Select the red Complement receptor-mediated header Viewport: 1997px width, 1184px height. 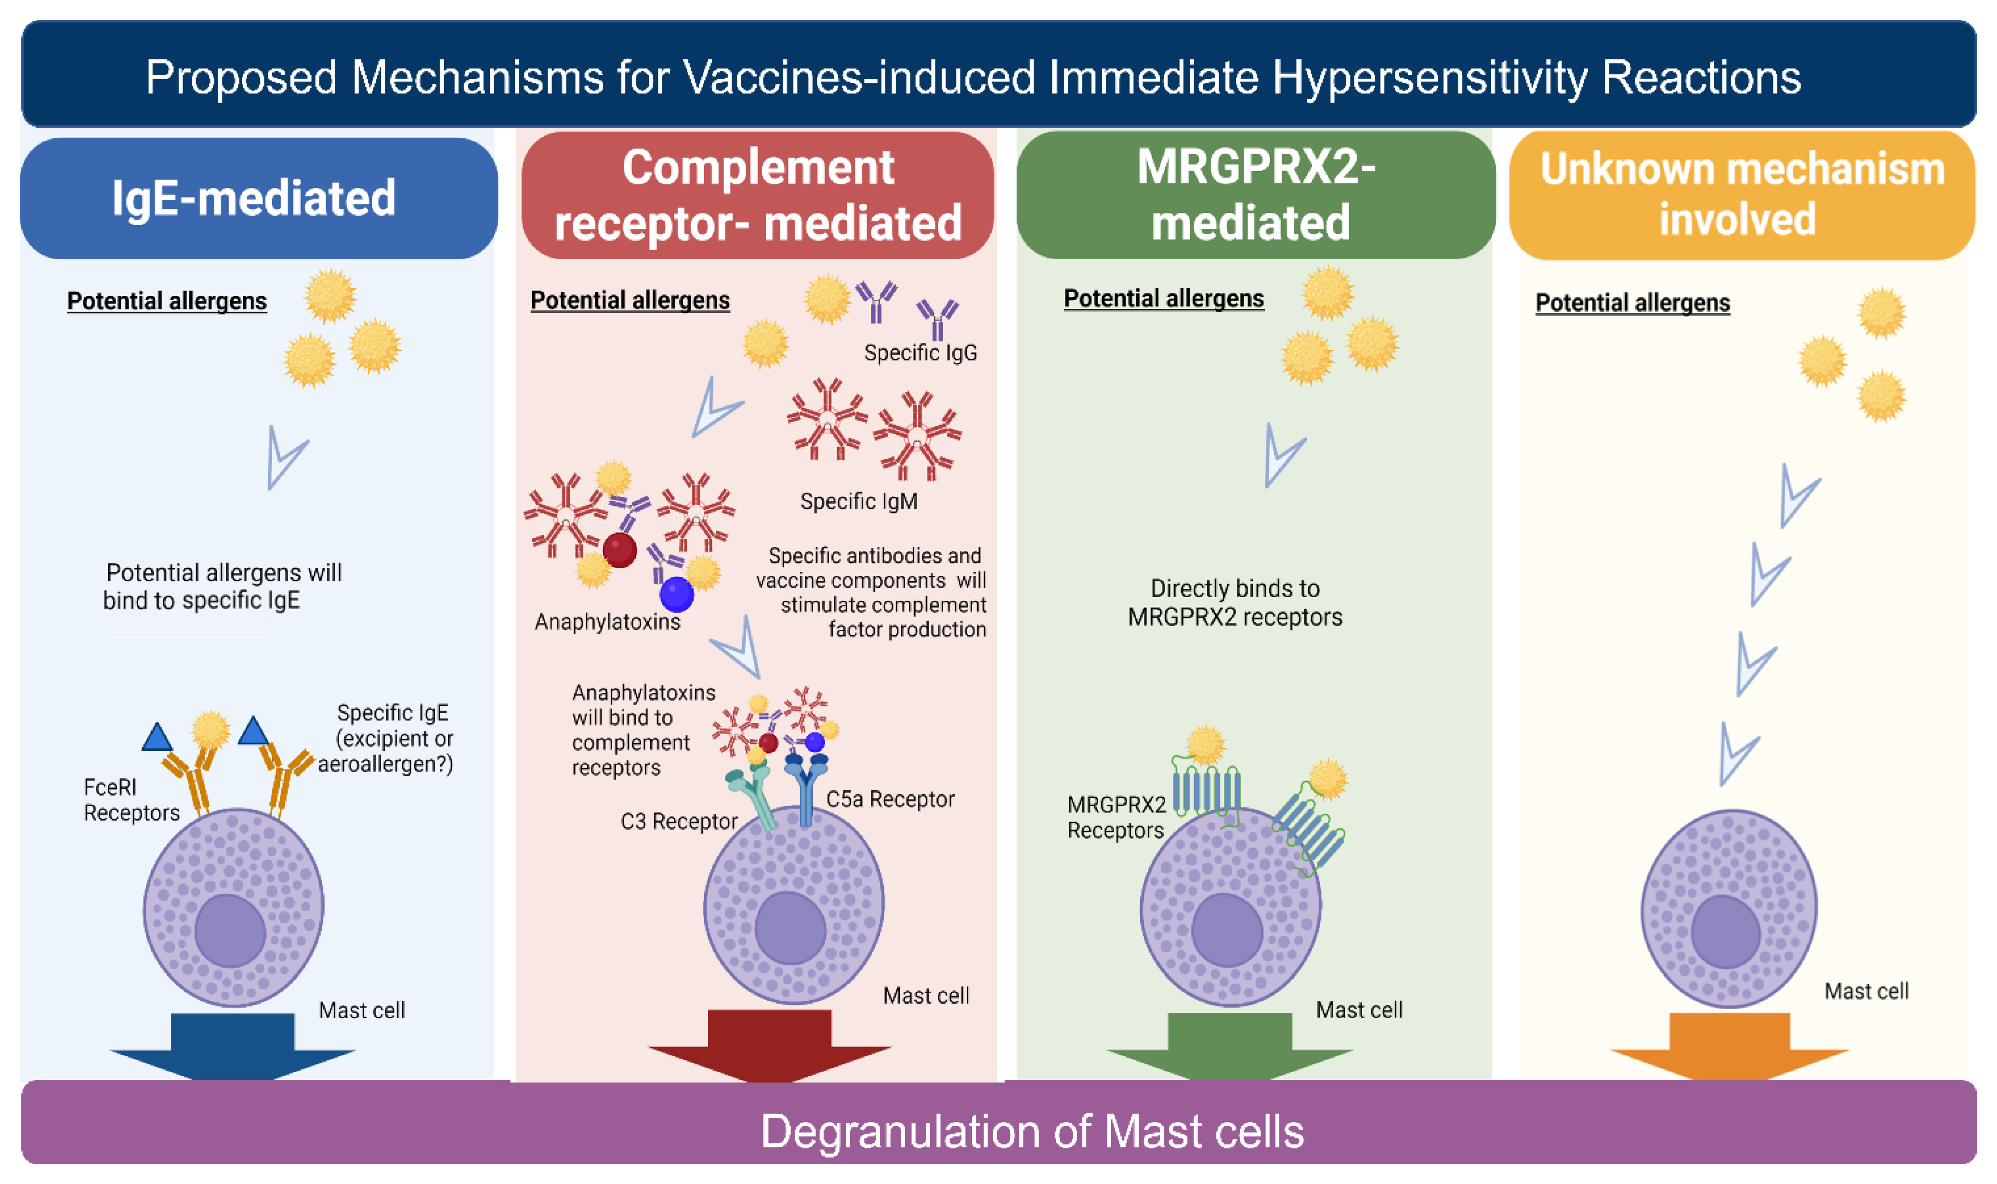click(x=758, y=196)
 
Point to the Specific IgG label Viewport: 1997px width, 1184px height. click(x=920, y=353)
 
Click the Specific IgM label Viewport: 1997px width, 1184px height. click(x=859, y=501)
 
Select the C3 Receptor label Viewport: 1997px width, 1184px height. click(x=679, y=821)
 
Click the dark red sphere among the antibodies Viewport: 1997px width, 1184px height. click(x=620, y=550)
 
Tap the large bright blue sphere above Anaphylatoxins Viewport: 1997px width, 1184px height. click(x=676, y=594)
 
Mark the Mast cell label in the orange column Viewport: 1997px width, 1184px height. click(x=1866, y=991)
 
